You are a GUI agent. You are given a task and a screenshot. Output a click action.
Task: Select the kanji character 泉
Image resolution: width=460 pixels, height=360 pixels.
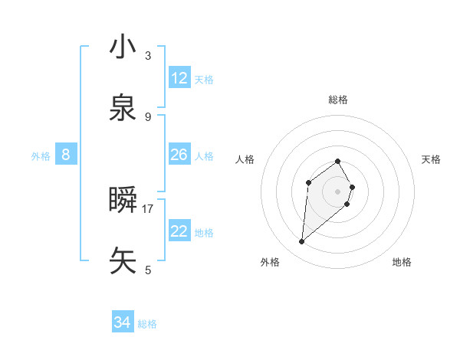[x=123, y=108]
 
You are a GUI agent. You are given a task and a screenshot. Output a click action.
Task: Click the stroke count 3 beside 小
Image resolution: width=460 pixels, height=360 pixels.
[x=148, y=55]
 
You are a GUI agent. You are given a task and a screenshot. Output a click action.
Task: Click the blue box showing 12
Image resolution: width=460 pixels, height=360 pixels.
[x=179, y=78]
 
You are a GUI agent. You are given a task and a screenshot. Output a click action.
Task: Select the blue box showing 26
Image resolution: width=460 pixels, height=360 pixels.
[x=179, y=155]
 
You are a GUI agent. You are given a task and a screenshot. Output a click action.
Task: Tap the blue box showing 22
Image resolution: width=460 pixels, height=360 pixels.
[x=179, y=231]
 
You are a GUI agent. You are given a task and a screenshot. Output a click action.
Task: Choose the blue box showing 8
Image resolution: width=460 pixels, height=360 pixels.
[x=66, y=155]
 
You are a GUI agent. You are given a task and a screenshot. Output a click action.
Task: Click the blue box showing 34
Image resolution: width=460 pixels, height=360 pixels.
[x=123, y=322]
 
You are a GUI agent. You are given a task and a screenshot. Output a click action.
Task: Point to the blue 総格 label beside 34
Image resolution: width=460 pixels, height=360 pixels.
[x=148, y=324]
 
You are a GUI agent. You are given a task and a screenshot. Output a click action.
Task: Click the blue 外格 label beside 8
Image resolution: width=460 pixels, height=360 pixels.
[x=41, y=156]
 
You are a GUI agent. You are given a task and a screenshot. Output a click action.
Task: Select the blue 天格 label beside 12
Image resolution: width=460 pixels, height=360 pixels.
[x=204, y=80]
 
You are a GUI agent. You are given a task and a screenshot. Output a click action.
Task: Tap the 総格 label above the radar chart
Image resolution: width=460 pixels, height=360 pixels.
[x=338, y=100]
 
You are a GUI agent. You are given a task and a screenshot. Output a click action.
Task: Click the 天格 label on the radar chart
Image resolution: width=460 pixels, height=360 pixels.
[x=432, y=159]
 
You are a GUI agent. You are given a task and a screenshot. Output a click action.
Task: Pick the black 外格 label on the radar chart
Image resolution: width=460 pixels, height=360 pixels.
[x=270, y=262]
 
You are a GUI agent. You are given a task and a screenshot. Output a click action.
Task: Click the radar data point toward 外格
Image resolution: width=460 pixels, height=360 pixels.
[x=302, y=242]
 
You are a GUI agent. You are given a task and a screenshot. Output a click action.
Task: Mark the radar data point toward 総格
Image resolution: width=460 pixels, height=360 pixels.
[x=338, y=161]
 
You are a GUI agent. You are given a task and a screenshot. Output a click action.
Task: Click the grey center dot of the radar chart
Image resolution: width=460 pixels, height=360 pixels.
[x=338, y=191]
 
